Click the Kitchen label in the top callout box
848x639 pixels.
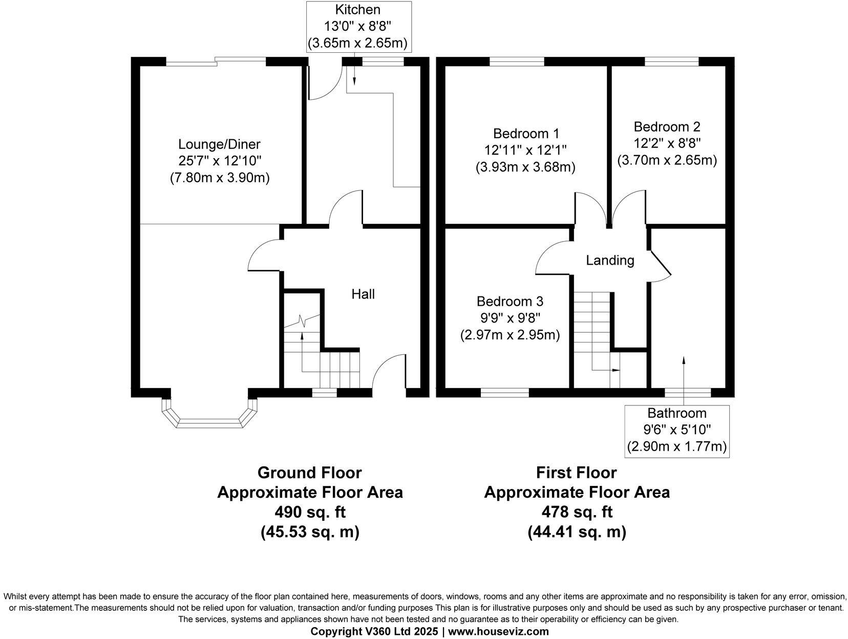[x=357, y=10]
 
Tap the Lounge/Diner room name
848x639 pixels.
[x=219, y=144]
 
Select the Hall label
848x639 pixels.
[x=363, y=294]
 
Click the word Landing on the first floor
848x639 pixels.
[x=610, y=261]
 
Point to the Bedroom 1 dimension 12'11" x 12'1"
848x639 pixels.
[x=526, y=151]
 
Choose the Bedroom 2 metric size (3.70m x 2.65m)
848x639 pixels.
[x=667, y=160]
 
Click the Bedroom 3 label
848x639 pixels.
[x=510, y=301]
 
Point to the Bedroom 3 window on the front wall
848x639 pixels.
[x=504, y=393]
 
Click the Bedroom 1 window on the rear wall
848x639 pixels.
[x=517, y=62]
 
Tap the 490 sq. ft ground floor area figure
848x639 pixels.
[x=309, y=512]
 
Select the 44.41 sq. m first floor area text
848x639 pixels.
[x=577, y=532]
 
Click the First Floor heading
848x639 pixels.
[x=577, y=472]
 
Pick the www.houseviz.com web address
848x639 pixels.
[x=498, y=631]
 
